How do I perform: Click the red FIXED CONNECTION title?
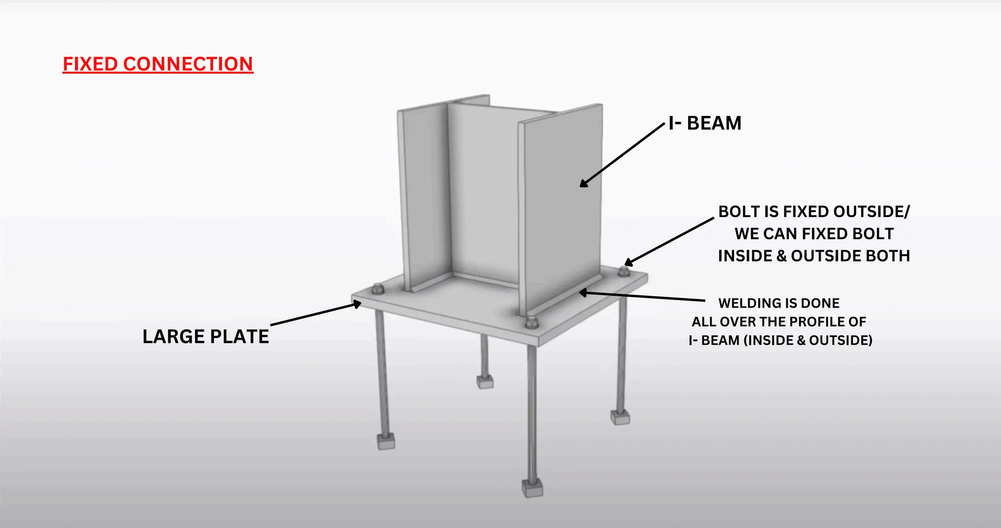pyautogui.click(x=158, y=64)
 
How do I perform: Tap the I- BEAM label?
pyautogui.click(x=705, y=123)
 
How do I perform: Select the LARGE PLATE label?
pyautogui.click(x=206, y=336)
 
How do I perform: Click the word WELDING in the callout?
pyautogui.click(x=747, y=303)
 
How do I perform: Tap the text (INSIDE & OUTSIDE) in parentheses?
pyautogui.click(x=808, y=340)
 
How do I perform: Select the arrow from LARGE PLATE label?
pyautogui.click(x=316, y=314)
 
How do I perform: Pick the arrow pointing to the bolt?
pyautogui.click(x=669, y=241)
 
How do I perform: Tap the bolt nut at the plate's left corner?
pyautogui.click(x=377, y=289)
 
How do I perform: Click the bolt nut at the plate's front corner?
pyautogui.click(x=531, y=322)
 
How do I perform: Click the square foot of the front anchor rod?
pyautogui.click(x=532, y=488)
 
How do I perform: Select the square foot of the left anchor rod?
pyautogui.click(x=386, y=442)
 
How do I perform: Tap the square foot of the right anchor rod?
pyautogui.click(x=620, y=417)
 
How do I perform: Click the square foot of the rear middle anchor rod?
pyautogui.click(x=485, y=381)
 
